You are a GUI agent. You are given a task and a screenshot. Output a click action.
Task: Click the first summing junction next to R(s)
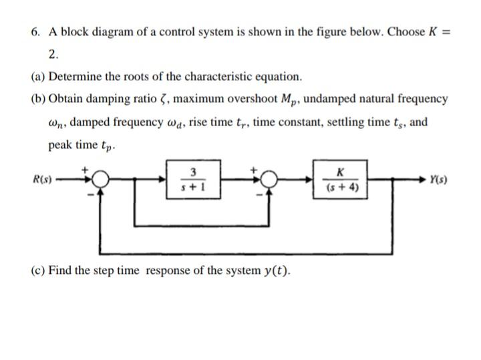pos(100,180)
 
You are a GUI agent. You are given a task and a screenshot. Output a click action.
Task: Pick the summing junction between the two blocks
pos(270,180)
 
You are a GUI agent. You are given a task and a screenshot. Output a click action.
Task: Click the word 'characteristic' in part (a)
pos(214,76)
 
